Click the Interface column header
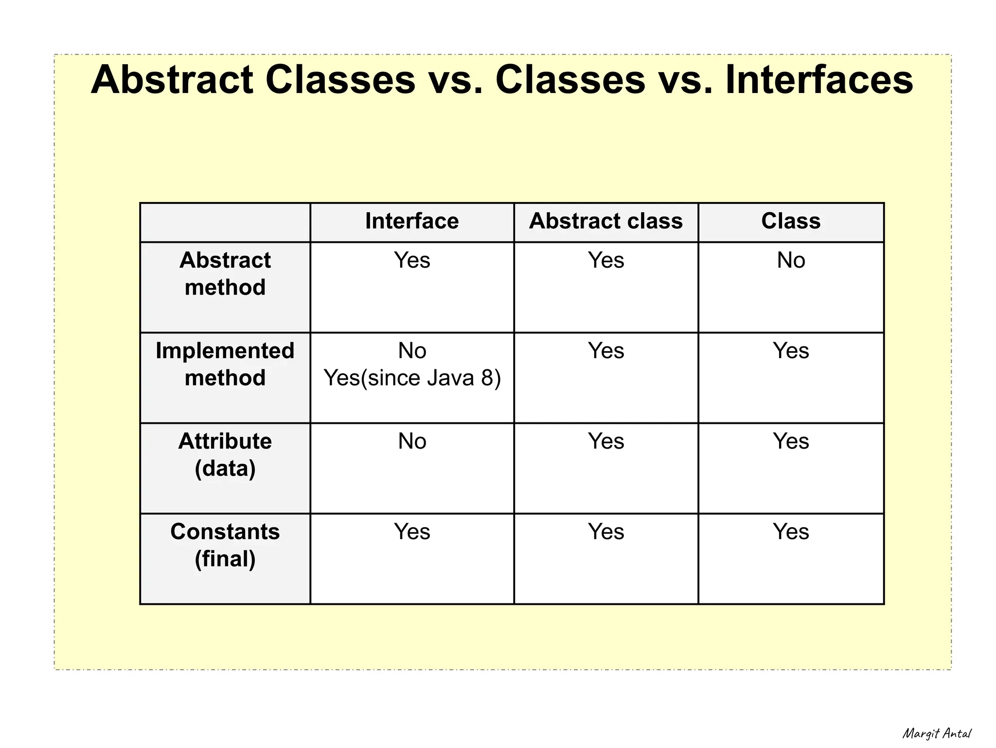tap(412, 221)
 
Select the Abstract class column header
tap(605, 221)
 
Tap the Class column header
tap(791, 221)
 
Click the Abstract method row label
tap(225, 274)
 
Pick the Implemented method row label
tap(225, 364)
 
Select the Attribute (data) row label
tap(225, 455)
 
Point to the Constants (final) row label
tap(225, 545)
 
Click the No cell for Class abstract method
tap(791, 260)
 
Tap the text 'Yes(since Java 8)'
tap(412, 378)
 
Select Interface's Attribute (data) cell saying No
tap(412, 441)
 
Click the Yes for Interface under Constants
tap(412, 532)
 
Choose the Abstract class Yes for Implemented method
tap(605, 351)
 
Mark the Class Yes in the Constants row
tap(791, 532)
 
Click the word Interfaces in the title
tap(819, 80)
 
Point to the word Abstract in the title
tap(172, 80)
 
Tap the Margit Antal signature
tap(937, 733)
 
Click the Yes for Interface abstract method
tap(412, 260)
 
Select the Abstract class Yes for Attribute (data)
tap(605, 441)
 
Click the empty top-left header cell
tap(225, 222)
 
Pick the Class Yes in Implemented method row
tap(791, 351)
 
